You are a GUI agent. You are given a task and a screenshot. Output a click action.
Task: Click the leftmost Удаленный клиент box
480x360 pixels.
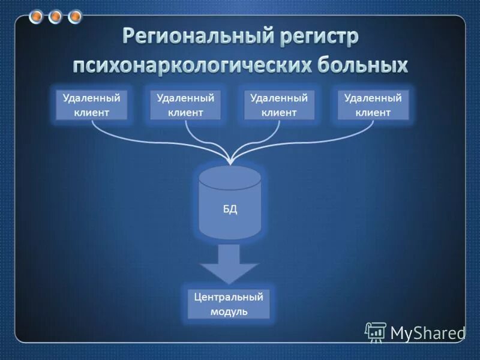[92, 105]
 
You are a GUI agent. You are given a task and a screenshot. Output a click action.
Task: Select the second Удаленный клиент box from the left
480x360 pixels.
[185, 105]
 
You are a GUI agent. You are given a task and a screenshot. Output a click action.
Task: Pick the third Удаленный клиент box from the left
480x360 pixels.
[279, 105]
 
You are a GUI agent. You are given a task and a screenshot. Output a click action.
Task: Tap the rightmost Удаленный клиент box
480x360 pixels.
[373, 105]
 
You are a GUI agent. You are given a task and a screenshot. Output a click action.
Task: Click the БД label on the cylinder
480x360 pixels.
[230, 209]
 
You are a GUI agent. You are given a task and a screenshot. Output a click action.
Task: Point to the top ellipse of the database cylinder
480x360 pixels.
[230, 178]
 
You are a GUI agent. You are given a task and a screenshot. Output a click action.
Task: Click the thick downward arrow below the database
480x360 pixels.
[230, 264]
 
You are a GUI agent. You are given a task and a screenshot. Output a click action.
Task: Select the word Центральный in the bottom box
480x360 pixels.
[229, 296]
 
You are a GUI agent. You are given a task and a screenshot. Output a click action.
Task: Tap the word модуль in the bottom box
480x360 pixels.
[229, 312]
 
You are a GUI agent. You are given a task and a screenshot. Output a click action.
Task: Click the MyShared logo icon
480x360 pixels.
[376, 332]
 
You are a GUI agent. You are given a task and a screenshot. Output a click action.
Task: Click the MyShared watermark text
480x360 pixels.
[427, 332]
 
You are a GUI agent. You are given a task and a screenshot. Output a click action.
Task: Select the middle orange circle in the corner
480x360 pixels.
[55, 17]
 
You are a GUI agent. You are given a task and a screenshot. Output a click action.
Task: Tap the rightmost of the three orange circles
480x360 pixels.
[75, 17]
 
